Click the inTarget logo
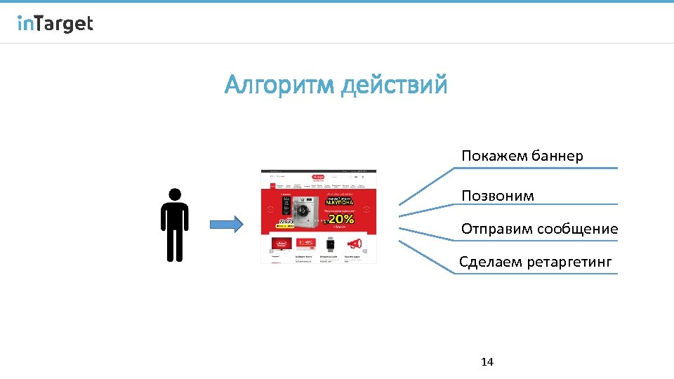(55, 24)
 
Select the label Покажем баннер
(522, 156)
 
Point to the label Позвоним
(497, 196)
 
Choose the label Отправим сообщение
(539, 229)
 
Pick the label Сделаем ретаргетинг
(535, 262)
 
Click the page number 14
(487, 362)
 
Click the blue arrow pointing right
(225, 225)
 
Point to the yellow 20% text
(341, 219)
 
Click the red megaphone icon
(355, 244)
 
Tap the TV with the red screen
(282, 244)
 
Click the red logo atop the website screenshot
(318, 178)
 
